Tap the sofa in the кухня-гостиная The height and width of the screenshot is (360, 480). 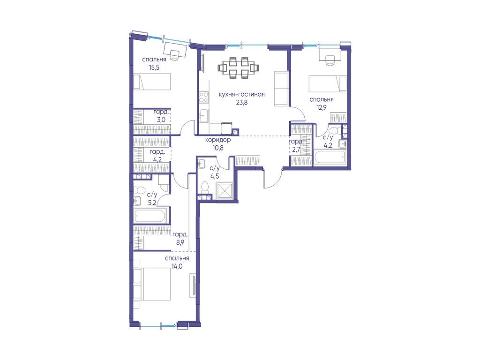point(281,89)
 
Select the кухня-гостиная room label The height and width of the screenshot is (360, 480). point(241,94)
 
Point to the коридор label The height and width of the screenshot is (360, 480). point(217,140)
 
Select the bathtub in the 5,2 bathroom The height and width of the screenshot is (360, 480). point(151,216)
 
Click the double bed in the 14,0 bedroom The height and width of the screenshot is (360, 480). point(152,284)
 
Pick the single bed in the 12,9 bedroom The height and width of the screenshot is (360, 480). point(327,84)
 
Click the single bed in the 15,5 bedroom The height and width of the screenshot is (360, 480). point(151,82)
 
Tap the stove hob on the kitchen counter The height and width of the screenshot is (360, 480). point(203,97)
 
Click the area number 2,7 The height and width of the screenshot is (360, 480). point(296,150)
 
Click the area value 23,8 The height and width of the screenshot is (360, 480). point(241,103)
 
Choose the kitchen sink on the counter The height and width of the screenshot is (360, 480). point(203,116)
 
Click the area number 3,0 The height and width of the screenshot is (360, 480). point(161,120)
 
